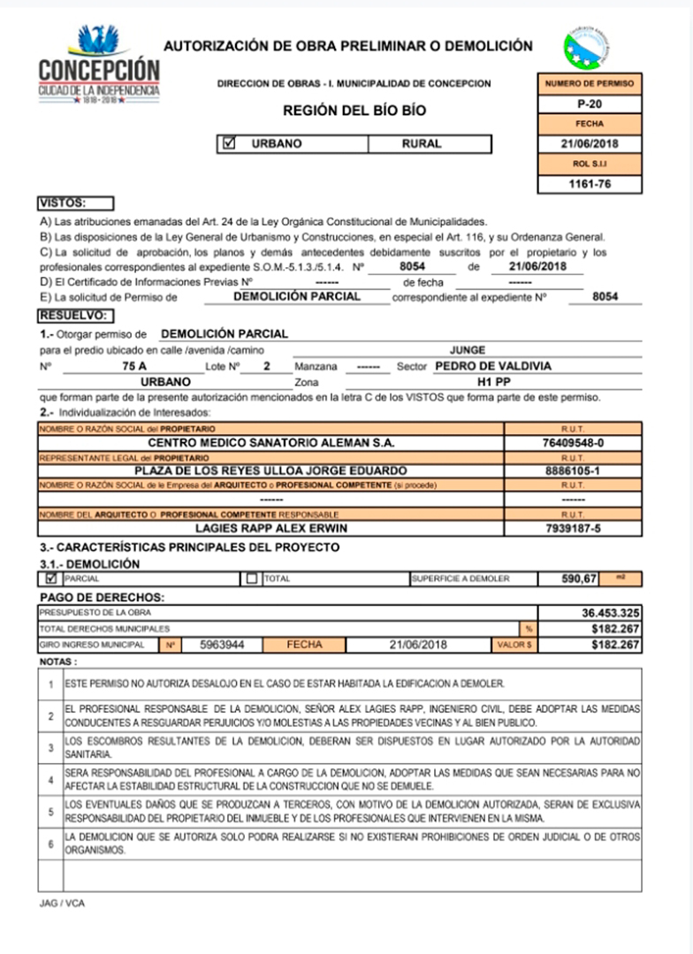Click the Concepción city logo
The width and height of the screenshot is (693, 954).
(99, 64)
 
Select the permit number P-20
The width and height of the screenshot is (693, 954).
(589, 104)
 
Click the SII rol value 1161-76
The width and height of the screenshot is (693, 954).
(589, 185)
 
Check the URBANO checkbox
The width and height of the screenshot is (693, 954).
(230, 143)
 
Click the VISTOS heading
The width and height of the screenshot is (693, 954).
(74, 203)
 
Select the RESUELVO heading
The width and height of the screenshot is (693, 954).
(76, 314)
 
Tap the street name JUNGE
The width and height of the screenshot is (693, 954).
(468, 350)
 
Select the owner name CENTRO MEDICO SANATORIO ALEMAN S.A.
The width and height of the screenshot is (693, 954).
(270, 442)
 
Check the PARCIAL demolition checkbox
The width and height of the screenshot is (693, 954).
(50, 578)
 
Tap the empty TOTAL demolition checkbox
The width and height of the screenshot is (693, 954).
(252, 578)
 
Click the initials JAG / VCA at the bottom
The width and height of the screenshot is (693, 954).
(62, 904)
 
